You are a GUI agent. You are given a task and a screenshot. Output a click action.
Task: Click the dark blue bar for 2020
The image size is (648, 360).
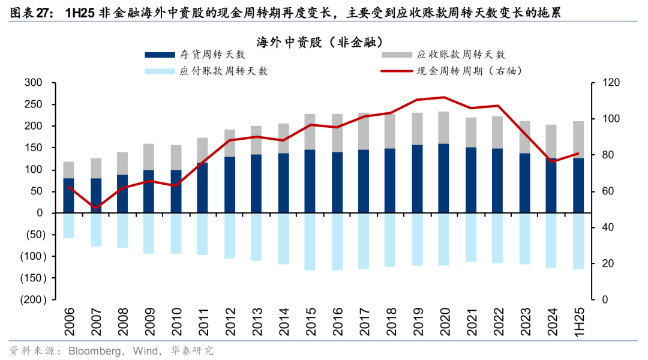tap(444, 178)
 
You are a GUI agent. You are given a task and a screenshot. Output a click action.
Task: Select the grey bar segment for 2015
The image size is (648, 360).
tap(310, 131)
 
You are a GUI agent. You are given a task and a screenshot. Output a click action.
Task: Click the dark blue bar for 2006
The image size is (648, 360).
tap(68, 196)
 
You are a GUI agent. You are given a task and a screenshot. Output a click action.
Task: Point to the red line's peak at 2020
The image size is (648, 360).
tap(444, 97)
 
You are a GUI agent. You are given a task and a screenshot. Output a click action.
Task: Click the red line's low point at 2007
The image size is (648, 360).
tap(95, 208)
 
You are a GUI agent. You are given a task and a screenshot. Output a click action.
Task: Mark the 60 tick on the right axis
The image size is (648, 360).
tap(601, 191)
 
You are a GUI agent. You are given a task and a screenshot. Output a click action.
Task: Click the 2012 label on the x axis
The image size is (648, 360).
tap(230, 322)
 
